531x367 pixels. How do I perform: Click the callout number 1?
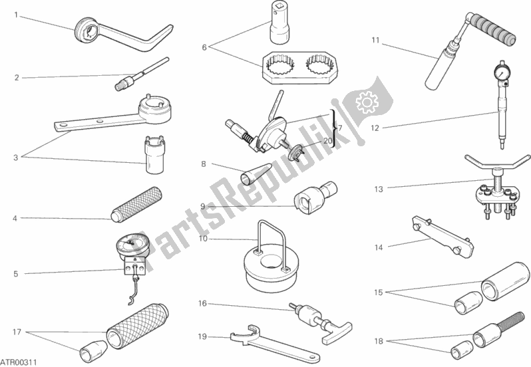click(x=16, y=15)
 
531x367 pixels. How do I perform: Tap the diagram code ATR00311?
click(x=19, y=362)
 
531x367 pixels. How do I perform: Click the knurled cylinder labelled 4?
click(x=136, y=205)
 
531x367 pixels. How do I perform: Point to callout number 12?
click(x=375, y=128)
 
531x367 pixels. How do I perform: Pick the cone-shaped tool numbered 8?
click(x=256, y=174)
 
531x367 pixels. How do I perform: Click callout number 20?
click(x=327, y=141)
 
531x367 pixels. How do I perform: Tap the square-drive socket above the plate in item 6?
click(x=279, y=23)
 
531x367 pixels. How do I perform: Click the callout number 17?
click(x=17, y=332)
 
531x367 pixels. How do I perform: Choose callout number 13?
click(x=379, y=189)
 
